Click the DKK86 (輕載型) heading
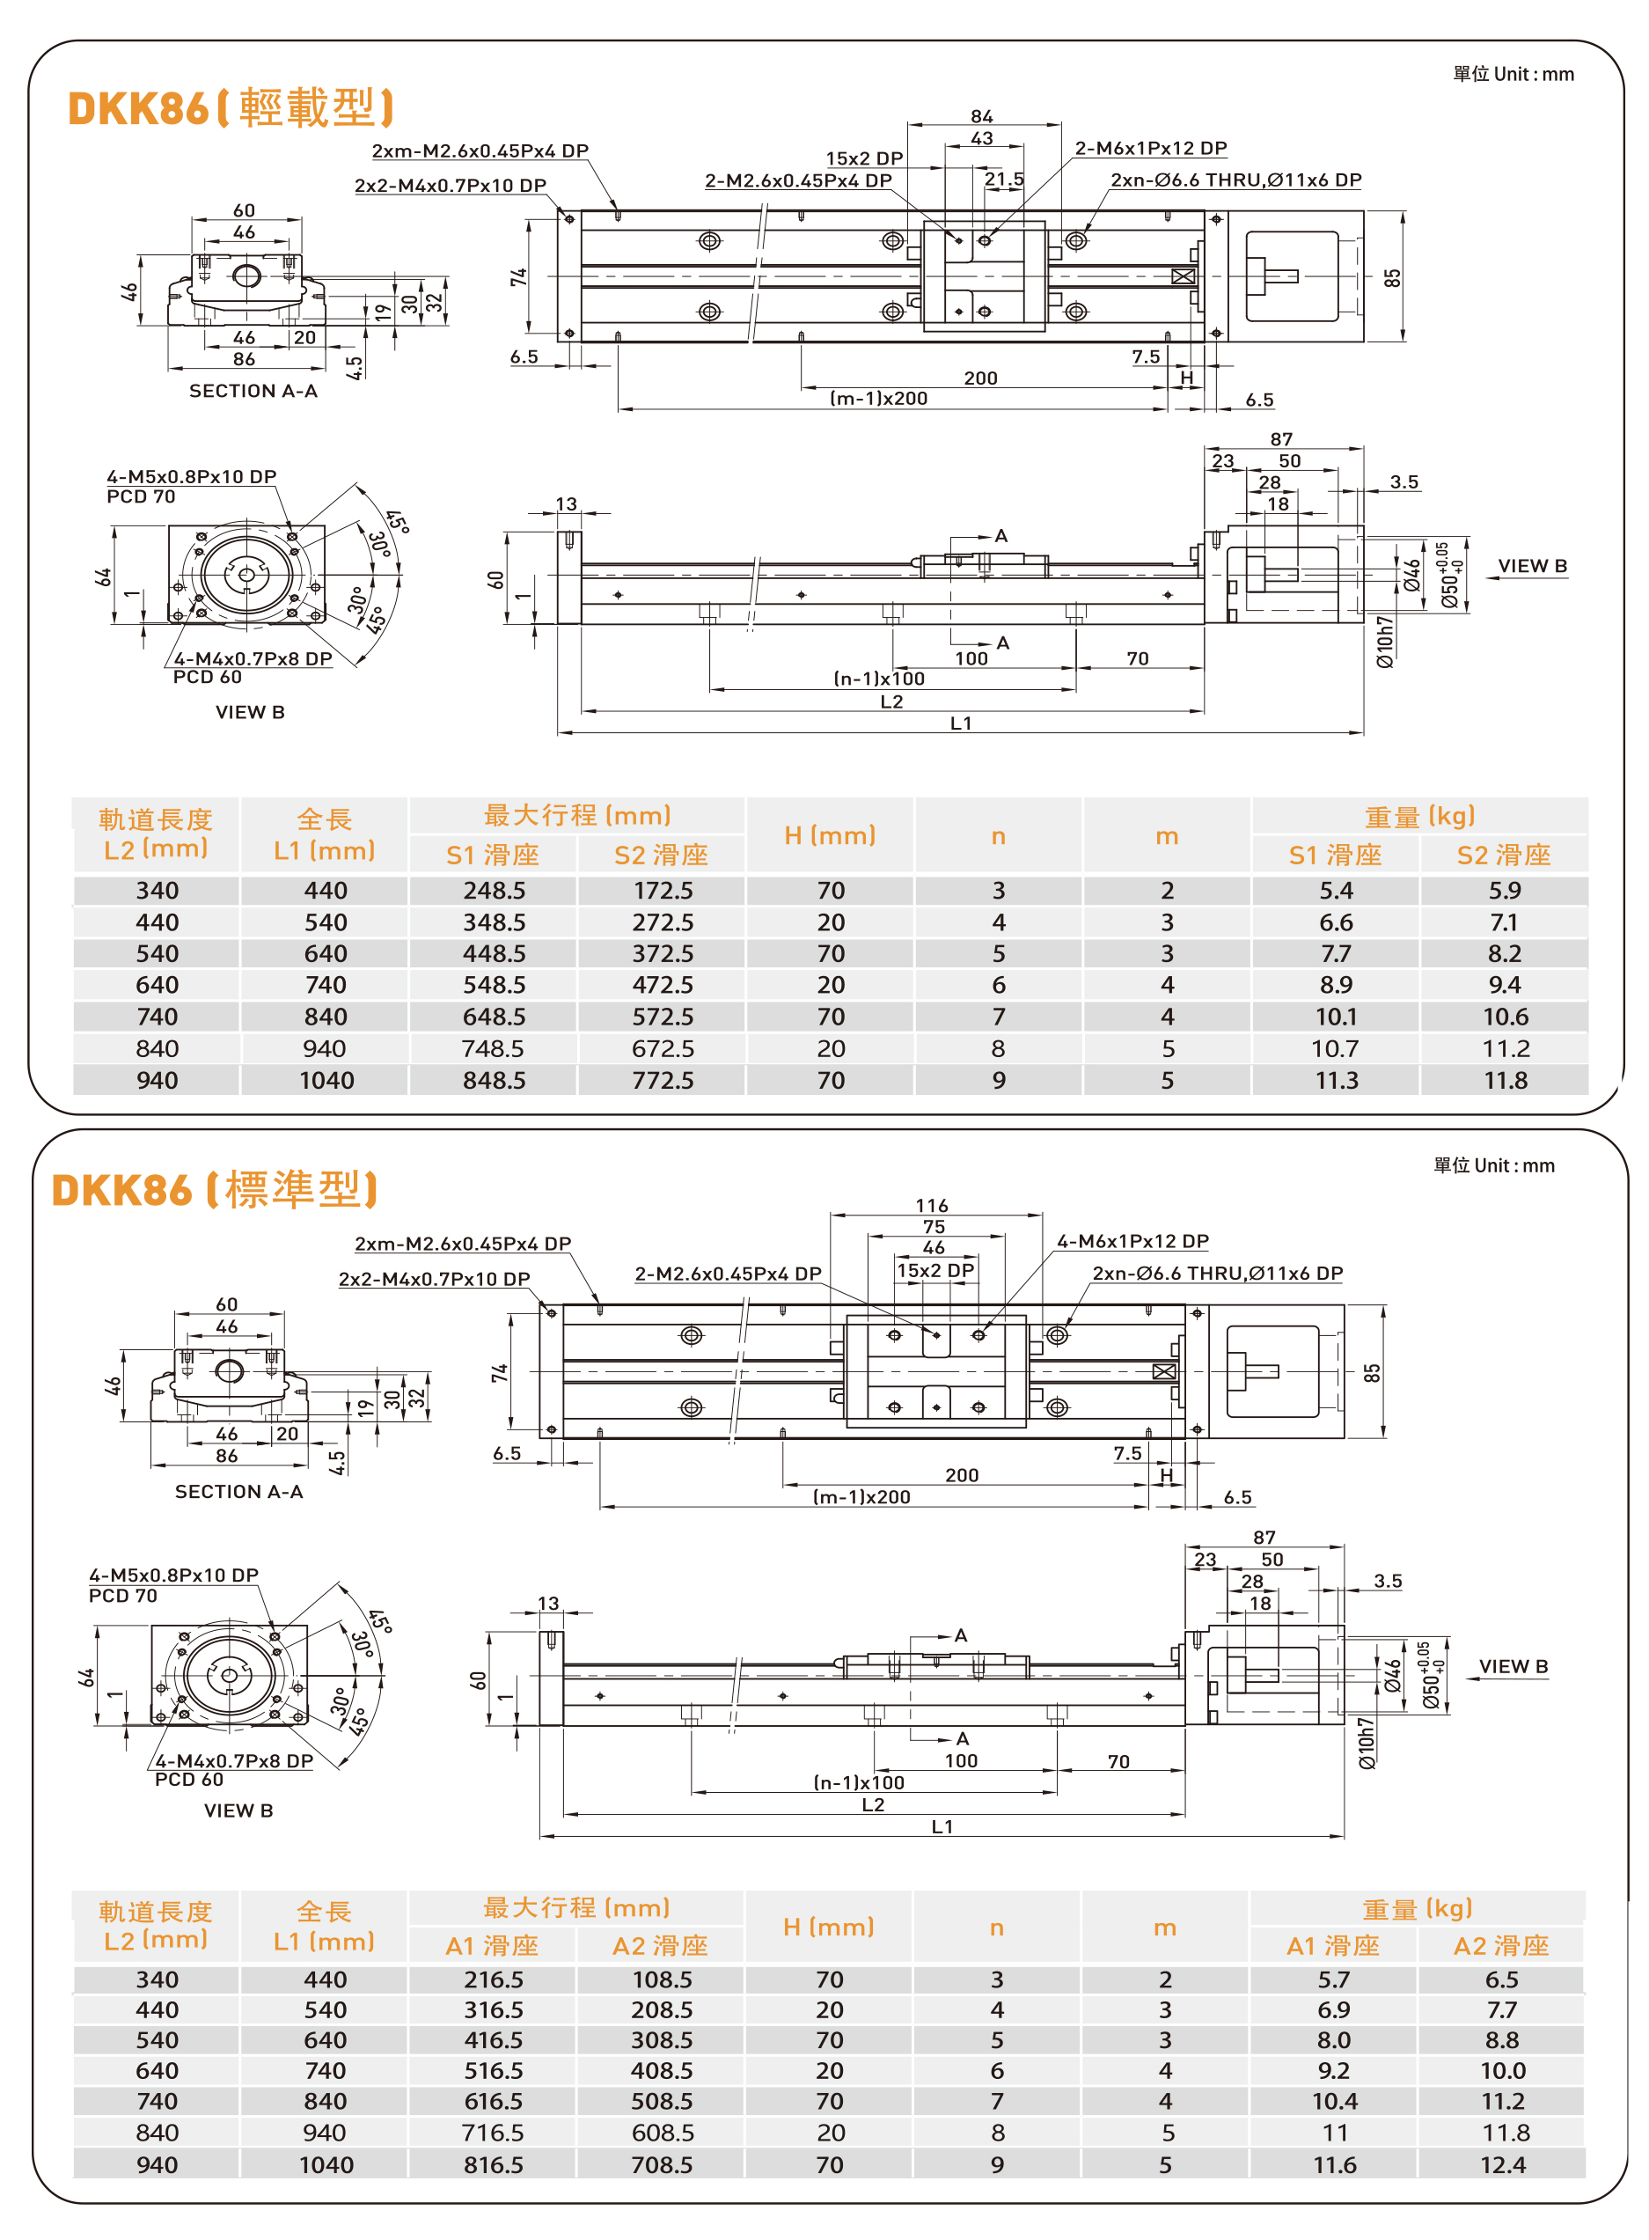[x=231, y=107]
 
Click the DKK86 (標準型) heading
[x=215, y=1190]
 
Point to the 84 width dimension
[x=981, y=117]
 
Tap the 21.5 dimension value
[x=1003, y=180]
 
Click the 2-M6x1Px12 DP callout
[x=1150, y=149]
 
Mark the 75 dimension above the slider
[x=934, y=1227]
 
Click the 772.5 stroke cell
[x=662, y=1080]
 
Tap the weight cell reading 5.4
[x=1336, y=891]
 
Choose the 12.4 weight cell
[x=1502, y=2164]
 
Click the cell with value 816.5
[x=493, y=2164]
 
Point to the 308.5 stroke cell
[x=662, y=2039]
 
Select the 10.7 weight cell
[x=1336, y=1048]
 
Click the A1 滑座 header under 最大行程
[x=492, y=1945]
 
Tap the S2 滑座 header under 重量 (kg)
[x=1503, y=856]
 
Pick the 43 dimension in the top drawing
[x=981, y=139]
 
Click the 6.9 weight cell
[x=1334, y=2009]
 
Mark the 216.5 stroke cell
[x=493, y=1979]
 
